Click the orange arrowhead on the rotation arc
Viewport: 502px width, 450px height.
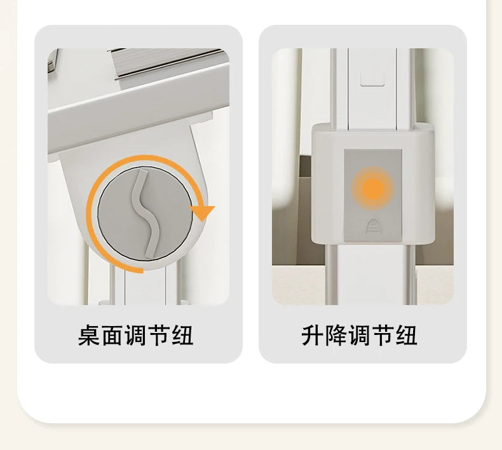point(202,213)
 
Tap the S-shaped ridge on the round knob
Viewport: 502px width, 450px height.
point(146,214)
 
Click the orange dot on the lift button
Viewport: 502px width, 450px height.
point(372,188)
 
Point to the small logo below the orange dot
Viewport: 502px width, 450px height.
point(372,226)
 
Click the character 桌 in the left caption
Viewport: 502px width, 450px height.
point(90,336)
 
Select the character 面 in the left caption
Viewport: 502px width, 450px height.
point(112,336)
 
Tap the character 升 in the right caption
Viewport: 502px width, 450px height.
point(313,336)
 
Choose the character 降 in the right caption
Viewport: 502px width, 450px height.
point(336,336)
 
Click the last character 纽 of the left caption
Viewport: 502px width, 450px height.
point(182,336)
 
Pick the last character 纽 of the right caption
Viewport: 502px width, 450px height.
point(406,336)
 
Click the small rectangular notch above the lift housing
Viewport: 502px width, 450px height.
point(372,79)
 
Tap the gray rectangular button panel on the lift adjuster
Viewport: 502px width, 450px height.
point(372,195)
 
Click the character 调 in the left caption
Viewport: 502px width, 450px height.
point(136,336)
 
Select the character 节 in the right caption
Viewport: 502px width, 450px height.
point(383,336)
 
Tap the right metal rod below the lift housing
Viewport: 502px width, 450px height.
point(412,275)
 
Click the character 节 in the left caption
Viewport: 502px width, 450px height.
point(159,336)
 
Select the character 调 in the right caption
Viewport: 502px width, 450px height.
point(360,336)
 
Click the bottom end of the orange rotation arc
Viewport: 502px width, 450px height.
point(142,271)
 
